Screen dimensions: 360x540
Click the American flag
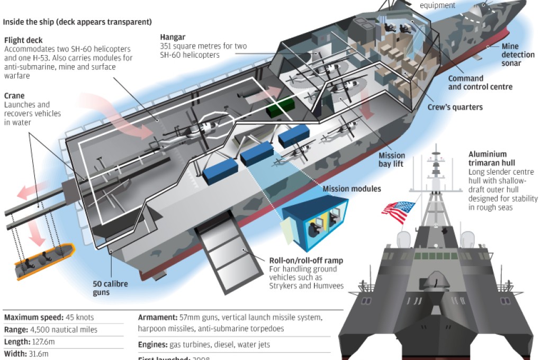[398, 212]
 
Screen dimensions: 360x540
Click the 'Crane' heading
[14, 96]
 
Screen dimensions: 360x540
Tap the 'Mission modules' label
[351, 188]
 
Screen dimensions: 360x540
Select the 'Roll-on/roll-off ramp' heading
[306, 260]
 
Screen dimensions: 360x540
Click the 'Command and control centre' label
[480, 83]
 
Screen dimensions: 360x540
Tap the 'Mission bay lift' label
[392, 160]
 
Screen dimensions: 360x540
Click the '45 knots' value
[80, 318]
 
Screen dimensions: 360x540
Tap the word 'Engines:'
[152, 345]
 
